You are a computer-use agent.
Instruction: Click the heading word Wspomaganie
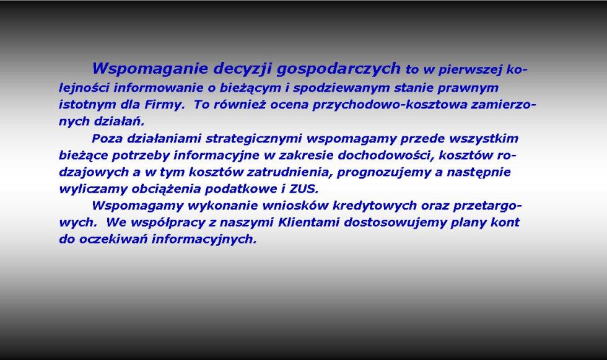(x=149, y=69)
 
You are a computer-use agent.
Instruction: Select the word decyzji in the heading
(x=242, y=69)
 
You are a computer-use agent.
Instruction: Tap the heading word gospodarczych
(x=339, y=69)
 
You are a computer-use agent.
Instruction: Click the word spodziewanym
(x=341, y=88)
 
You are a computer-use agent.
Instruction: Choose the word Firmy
(x=165, y=105)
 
